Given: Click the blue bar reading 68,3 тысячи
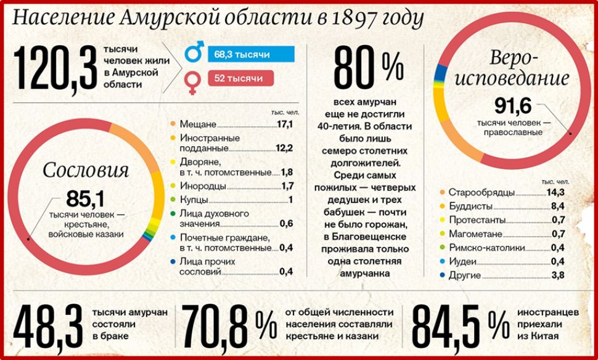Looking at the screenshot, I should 251,55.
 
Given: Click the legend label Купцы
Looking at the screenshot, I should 194,200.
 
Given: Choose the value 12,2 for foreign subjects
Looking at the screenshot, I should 284,148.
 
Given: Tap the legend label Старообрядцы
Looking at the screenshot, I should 481,192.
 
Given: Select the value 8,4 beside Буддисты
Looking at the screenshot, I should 558,206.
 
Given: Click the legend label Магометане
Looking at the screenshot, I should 475,234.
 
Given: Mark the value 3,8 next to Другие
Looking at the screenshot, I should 558,276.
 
